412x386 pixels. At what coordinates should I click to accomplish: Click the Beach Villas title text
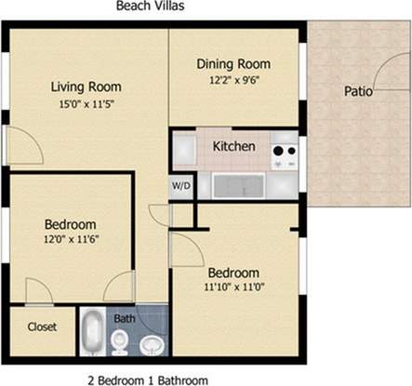149,7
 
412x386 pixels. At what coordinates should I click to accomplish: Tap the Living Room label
86,87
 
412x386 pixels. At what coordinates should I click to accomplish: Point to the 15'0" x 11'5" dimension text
86,104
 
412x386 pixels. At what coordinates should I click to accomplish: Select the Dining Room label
233,64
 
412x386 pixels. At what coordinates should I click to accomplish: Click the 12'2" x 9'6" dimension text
233,80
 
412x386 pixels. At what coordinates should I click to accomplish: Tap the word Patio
359,91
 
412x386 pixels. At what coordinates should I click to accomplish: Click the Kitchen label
234,146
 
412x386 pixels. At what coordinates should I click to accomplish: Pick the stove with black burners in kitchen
284,152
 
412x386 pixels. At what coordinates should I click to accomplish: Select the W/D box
179,185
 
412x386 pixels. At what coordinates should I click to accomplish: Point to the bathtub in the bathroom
93,331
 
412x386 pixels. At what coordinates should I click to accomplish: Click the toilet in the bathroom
119,344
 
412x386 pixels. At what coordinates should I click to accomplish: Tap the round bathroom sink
152,345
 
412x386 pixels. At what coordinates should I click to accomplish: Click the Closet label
42,327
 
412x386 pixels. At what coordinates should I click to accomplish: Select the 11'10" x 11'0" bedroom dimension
233,288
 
